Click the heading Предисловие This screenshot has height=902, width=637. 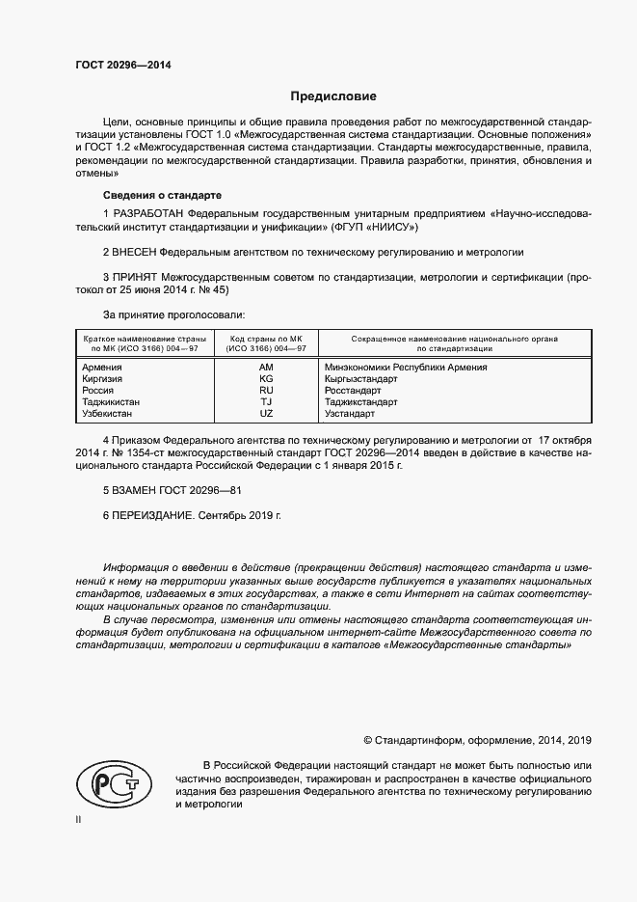pyautogui.click(x=334, y=96)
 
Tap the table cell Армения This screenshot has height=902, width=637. pyautogui.click(x=102, y=368)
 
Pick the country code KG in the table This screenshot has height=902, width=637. pyautogui.click(x=266, y=379)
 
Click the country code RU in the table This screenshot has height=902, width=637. pyautogui.click(x=266, y=391)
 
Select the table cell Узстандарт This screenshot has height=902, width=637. pyautogui.click(x=350, y=414)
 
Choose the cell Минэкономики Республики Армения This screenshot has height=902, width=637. pyautogui.click(x=406, y=368)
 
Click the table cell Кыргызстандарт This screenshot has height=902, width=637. pyautogui.click(x=361, y=379)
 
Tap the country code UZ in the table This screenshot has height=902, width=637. pyautogui.click(x=266, y=414)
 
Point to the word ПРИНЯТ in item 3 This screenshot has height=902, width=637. pyautogui.click(x=135, y=276)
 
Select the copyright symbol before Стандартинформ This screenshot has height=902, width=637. pyautogui.click(x=368, y=740)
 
